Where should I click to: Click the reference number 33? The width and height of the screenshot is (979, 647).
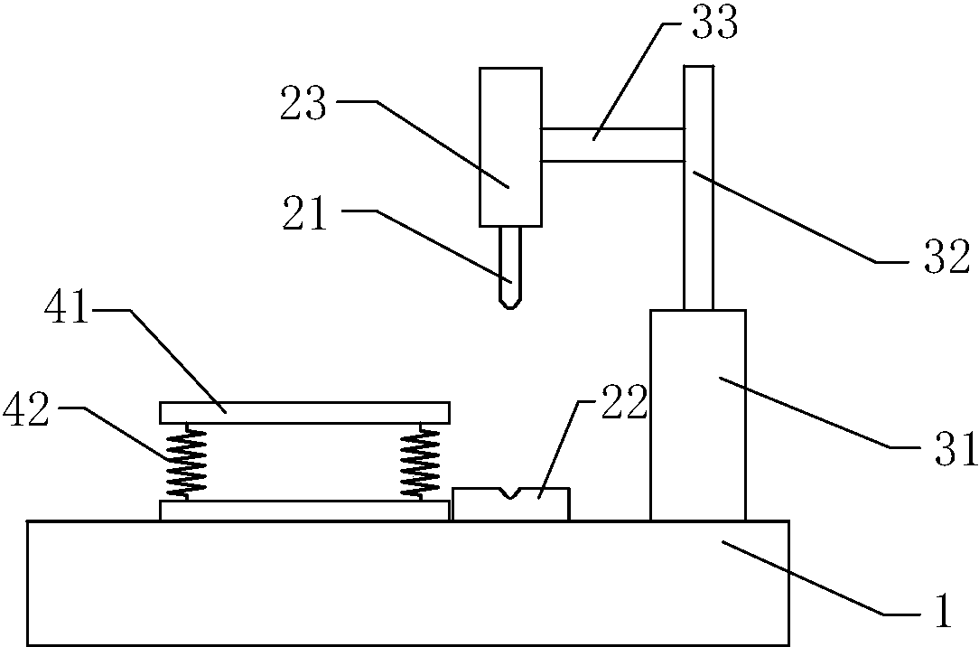tap(713, 24)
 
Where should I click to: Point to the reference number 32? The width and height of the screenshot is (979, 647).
tap(945, 258)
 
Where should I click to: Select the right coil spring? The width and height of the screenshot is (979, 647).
tap(420, 462)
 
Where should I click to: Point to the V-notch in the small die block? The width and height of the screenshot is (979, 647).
tap(511, 493)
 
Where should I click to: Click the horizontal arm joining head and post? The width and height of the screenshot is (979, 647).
tap(611, 145)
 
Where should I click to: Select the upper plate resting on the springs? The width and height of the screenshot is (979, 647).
tap(304, 412)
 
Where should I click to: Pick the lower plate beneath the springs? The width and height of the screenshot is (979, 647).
tap(304, 511)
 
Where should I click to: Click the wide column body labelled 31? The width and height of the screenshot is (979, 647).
tap(697, 416)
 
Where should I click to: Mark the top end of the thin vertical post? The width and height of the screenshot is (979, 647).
tap(698, 70)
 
